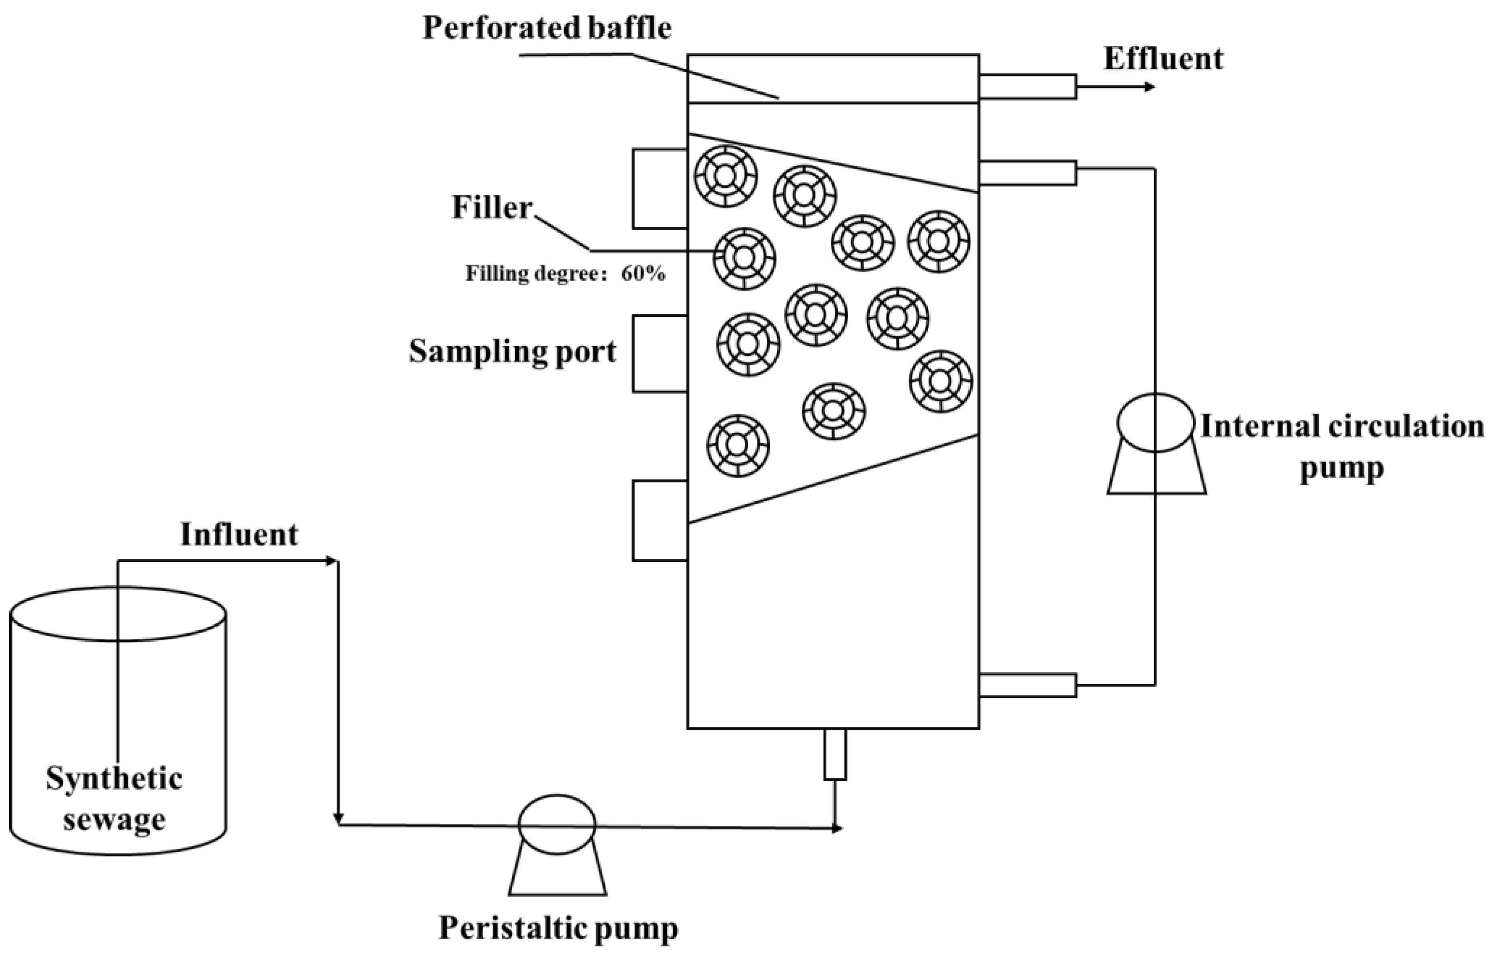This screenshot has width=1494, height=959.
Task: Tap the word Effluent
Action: point(1163,59)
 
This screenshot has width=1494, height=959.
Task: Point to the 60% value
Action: point(643,274)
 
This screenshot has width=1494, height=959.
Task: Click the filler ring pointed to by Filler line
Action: point(744,258)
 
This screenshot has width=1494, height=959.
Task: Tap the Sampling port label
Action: point(512,353)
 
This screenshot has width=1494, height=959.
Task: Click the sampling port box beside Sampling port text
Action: point(660,353)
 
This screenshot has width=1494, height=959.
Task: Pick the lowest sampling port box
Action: point(660,521)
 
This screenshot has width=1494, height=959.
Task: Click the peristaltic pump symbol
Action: point(557,843)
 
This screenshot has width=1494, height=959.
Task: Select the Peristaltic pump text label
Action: point(559,928)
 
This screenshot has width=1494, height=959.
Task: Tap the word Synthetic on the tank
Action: point(114,779)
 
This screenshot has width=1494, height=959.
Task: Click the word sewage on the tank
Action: point(114,819)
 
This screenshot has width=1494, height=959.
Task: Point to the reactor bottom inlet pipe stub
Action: point(835,754)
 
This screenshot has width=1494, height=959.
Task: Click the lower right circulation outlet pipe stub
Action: point(1027,685)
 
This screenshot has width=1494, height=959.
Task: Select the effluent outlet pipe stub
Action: point(1027,86)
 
